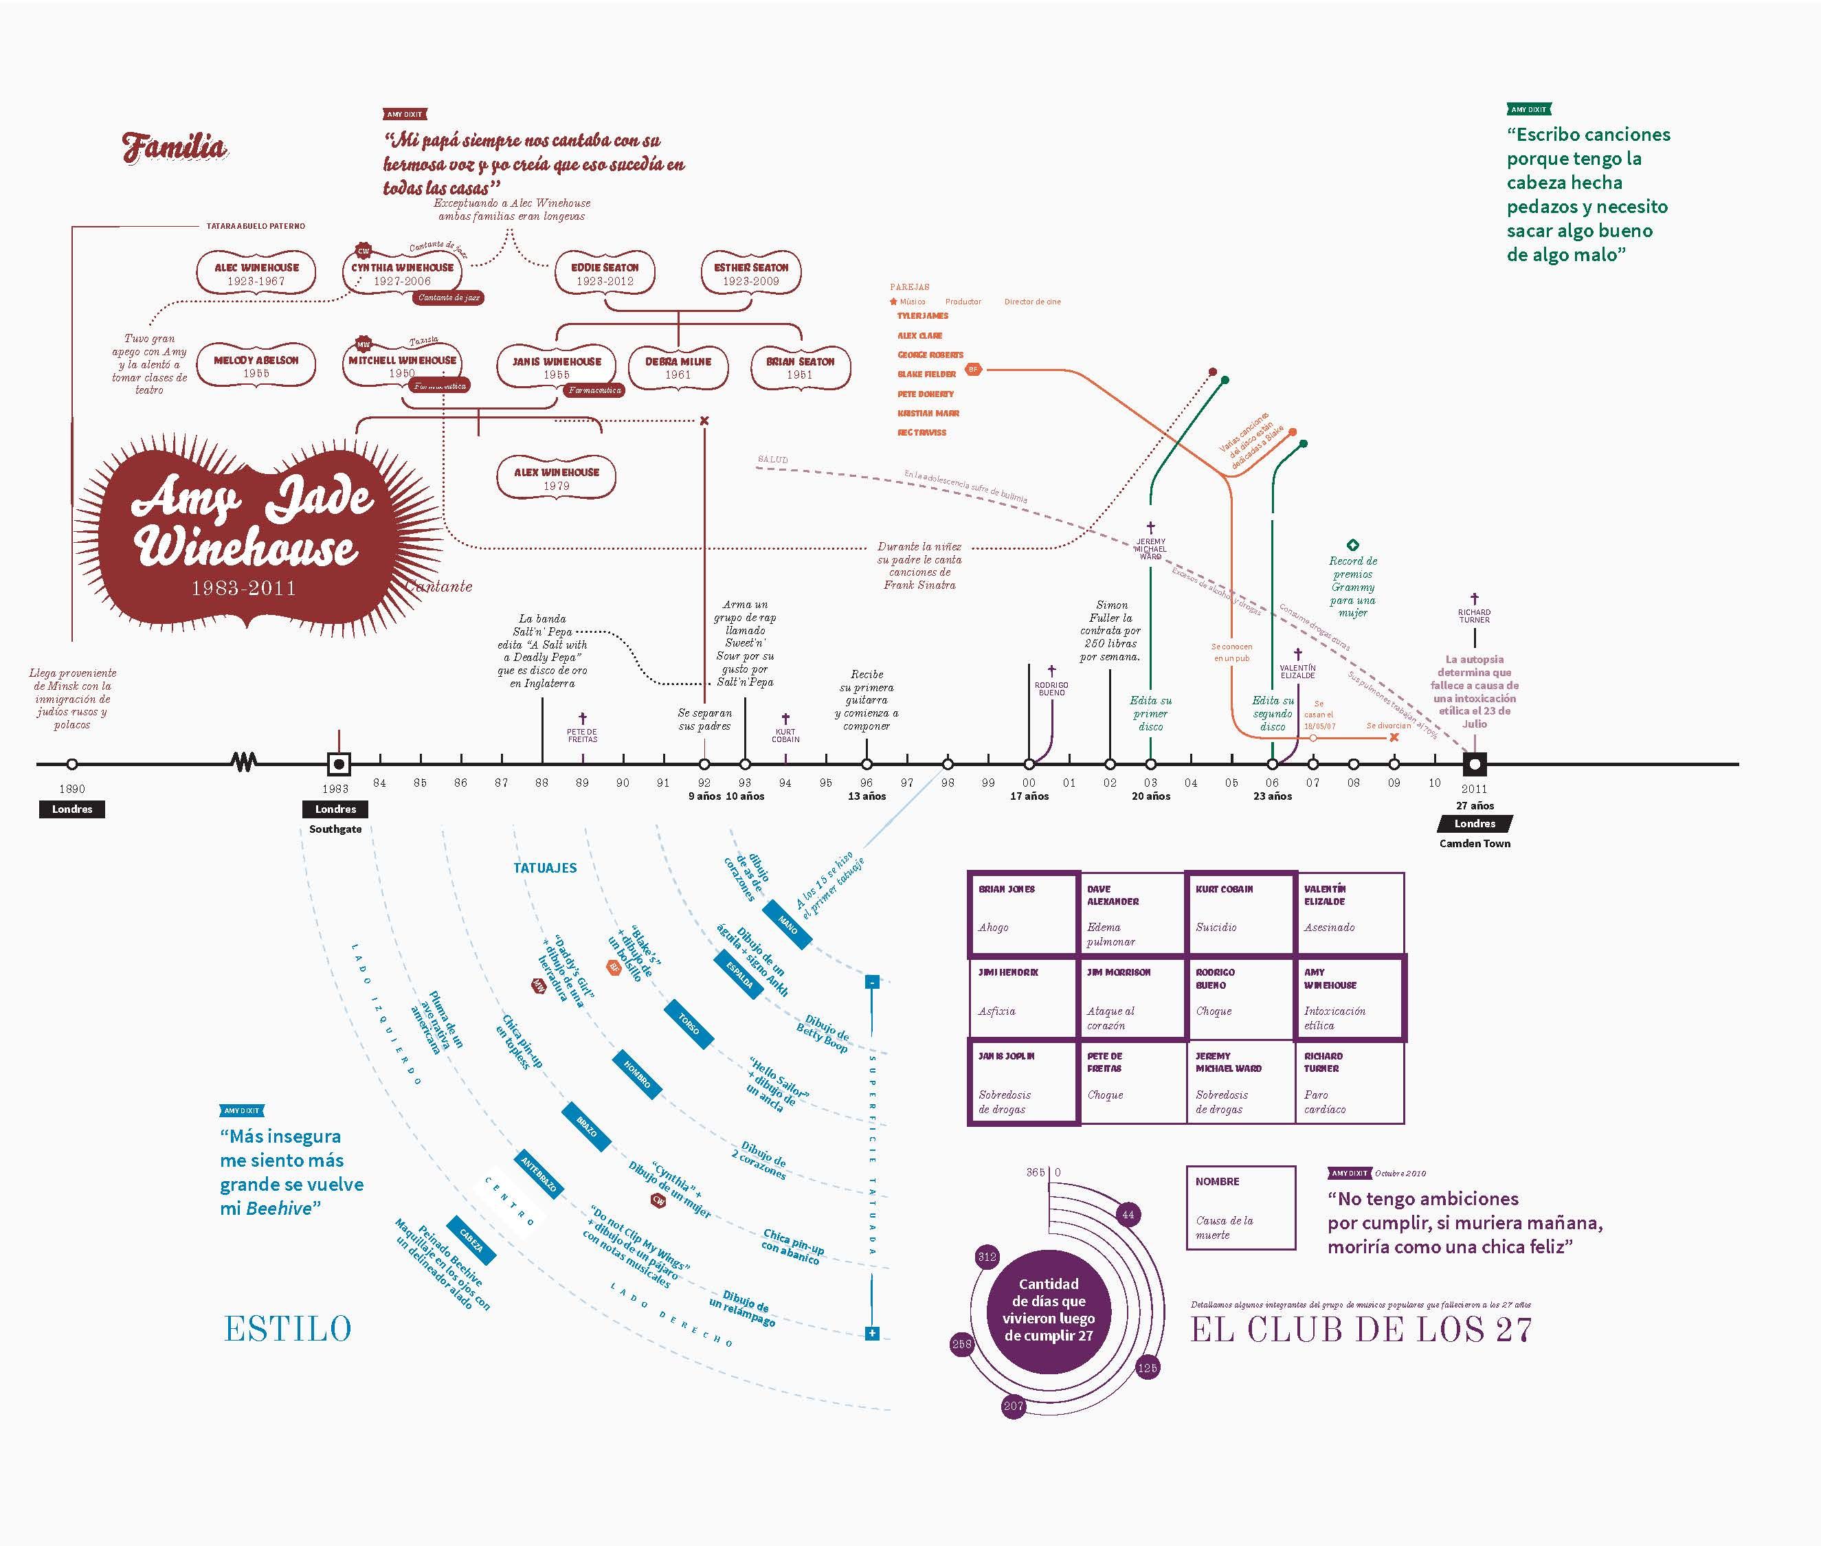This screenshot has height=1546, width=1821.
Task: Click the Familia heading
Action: pyautogui.click(x=175, y=147)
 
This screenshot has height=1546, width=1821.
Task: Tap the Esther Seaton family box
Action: pyautogui.click(x=750, y=273)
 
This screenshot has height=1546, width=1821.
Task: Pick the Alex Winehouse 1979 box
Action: pyautogui.click(x=557, y=478)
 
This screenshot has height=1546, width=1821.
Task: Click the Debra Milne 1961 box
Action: pyautogui.click(x=678, y=367)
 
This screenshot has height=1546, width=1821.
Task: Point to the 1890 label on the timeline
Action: pyautogui.click(x=72, y=789)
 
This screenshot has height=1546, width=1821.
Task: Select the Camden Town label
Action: pyautogui.click(x=1475, y=843)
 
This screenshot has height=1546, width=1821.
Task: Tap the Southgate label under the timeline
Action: pyautogui.click(x=335, y=829)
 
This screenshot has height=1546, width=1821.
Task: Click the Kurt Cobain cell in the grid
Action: pyautogui.click(x=1239, y=912)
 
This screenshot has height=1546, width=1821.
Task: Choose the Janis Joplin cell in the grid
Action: pyautogui.click(x=1023, y=1081)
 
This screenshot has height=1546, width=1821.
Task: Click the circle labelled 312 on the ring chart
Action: pyautogui.click(x=987, y=1257)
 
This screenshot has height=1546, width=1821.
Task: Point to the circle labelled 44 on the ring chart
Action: pyautogui.click(x=1128, y=1215)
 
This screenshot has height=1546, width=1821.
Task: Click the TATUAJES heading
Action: pyautogui.click(x=545, y=868)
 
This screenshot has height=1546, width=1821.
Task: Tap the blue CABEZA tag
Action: pyautogui.click(x=471, y=1240)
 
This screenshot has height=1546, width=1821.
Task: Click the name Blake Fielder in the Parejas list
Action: pyautogui.click(x=926, y=374)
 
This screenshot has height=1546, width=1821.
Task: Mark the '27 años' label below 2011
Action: pyautogui.click(x=1475, y=805)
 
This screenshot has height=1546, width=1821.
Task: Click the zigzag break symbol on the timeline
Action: pyautogui.click(x=245, y=763)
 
